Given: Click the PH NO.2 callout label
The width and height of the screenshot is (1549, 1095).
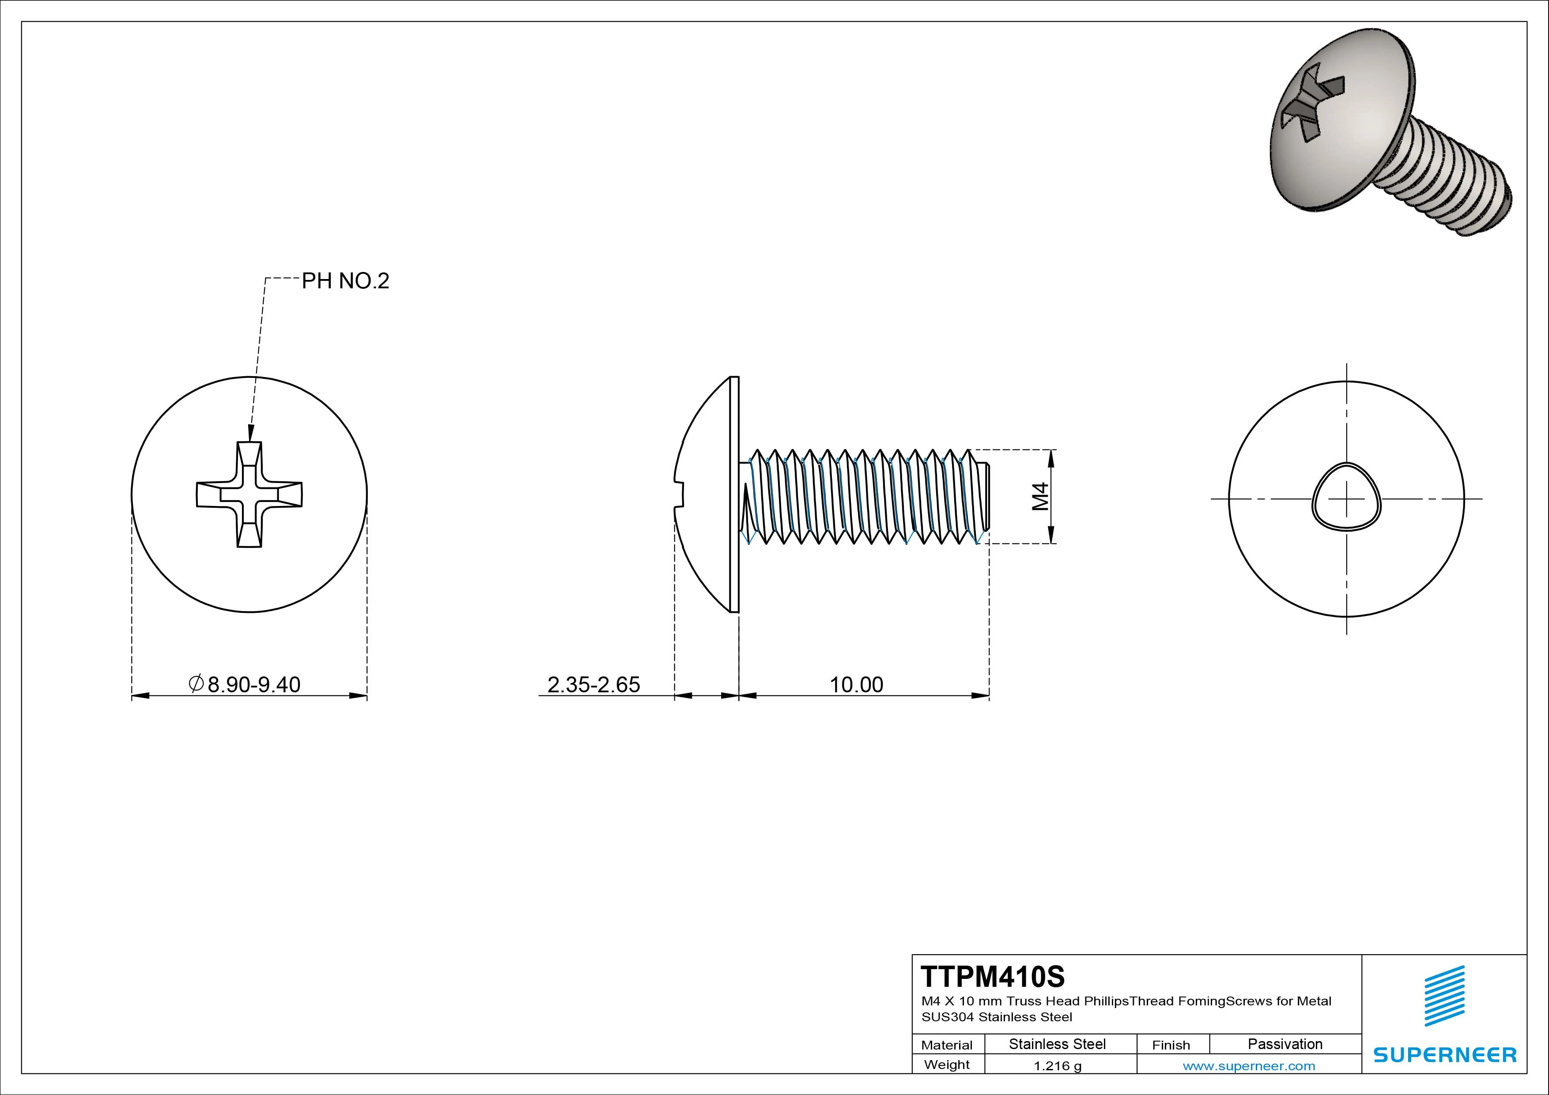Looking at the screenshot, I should [345, 281].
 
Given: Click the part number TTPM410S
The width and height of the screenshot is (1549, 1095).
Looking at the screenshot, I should [993, 976].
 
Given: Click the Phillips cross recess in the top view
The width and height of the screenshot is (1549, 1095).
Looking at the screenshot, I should [249, 495].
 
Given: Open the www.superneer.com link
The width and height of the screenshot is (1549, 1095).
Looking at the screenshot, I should [1249, 1066].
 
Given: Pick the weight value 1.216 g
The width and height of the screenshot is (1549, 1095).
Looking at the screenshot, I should [1057, 1066].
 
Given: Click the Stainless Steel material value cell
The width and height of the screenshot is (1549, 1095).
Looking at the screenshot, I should [1057, 1044].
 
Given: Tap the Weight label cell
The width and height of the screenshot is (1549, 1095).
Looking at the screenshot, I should [947, 1065].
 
